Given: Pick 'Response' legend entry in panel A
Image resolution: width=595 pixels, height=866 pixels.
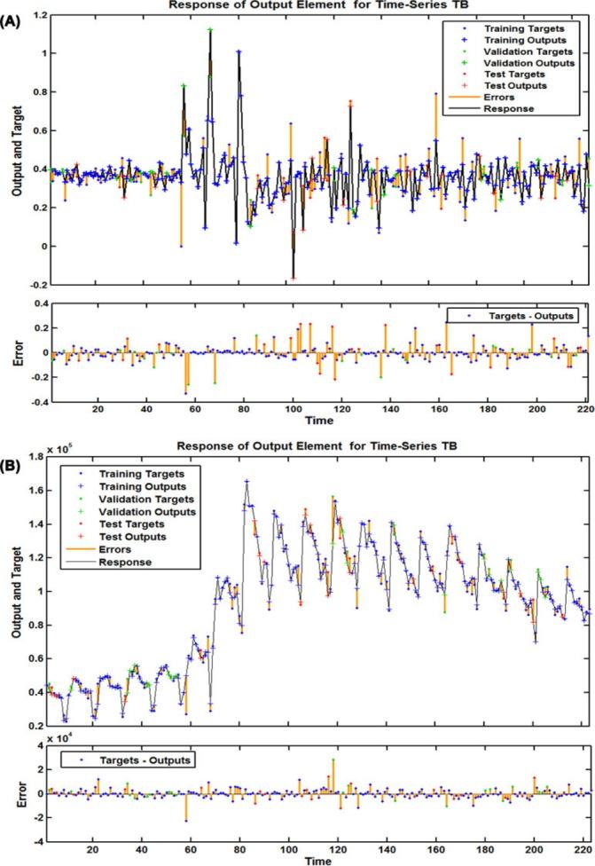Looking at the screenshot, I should pyautogui.click(x=507, y=109).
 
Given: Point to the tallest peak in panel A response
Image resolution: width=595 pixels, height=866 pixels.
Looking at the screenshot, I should pyautogui.click(x=210, y=30).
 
